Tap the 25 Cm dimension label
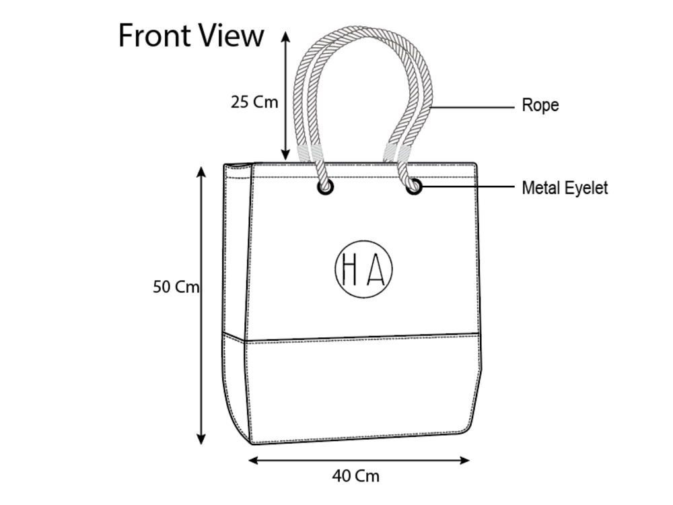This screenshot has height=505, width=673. coord(254,102)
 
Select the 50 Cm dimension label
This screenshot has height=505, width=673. coord(176,287)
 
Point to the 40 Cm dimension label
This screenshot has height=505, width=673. coord(356,476)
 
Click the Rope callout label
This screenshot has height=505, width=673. coord(540,106)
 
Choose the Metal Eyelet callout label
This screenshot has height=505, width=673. coord(565,188)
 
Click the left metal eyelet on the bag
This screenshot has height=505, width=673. coord(325,187)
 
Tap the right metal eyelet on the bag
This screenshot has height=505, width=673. coord(414,187)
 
